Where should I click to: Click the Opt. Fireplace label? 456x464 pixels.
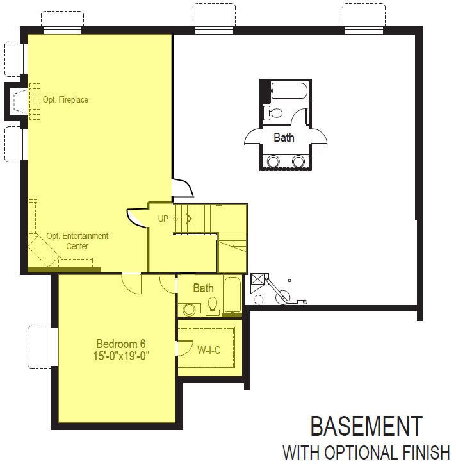point(65,99)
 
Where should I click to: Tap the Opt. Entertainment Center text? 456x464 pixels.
point(77,241)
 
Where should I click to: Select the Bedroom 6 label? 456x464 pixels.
point(121,344)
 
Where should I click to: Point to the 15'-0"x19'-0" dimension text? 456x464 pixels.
point(121,356)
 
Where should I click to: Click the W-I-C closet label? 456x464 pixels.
point(209,350)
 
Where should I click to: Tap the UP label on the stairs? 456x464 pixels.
point(163,219)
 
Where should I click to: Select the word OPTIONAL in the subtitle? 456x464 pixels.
point(364,452)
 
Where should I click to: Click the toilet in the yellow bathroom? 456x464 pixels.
point(212,306)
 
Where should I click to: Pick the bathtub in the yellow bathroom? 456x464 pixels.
point(232,295)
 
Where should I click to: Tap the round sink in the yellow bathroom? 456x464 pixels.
point(189,310)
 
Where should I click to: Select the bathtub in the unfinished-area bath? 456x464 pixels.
point(289,91)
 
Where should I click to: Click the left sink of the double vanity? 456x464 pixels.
point(273,162)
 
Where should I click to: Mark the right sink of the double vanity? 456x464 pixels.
point(298,162)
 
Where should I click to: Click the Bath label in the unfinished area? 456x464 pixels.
point(284,137)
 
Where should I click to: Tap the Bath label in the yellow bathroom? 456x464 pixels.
point(203,288)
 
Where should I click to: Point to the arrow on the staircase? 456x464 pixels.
point(183,219)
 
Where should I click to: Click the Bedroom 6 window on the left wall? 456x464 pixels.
point(54,347)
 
